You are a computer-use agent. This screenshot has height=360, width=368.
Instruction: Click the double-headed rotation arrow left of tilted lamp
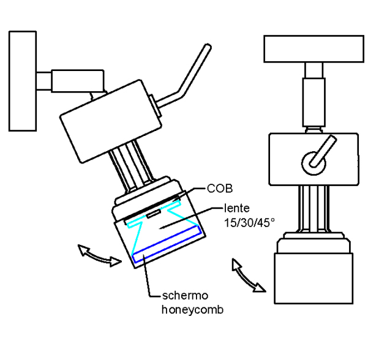pos(96,254)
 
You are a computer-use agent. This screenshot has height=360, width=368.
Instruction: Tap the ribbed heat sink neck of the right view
pos(314,211)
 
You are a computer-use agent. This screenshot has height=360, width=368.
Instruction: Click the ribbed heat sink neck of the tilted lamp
pos(133,165)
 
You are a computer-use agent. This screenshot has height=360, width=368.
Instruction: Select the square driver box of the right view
pos(312,161)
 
